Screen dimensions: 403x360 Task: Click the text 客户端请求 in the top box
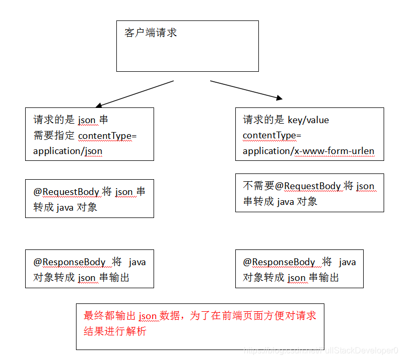pos(151,33)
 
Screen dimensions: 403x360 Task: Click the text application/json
pos(68,151)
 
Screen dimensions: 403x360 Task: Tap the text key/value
pos(309,120)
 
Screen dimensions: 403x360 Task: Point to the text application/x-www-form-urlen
pos(309,151)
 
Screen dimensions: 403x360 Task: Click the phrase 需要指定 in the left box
pos(54,136)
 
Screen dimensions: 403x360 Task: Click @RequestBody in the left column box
pos(67,192)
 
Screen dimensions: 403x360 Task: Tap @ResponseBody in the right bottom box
pos(279,262)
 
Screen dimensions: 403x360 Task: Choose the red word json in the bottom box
pos(148,316)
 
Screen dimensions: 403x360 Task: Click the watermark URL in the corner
pos(322,350)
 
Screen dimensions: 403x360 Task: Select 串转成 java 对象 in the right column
pos(280,202)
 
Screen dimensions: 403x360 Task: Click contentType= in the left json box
pos(107,136)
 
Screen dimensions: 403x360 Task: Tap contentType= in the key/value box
pos(272,136)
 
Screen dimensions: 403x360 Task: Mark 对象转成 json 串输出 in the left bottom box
pos(81,278)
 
